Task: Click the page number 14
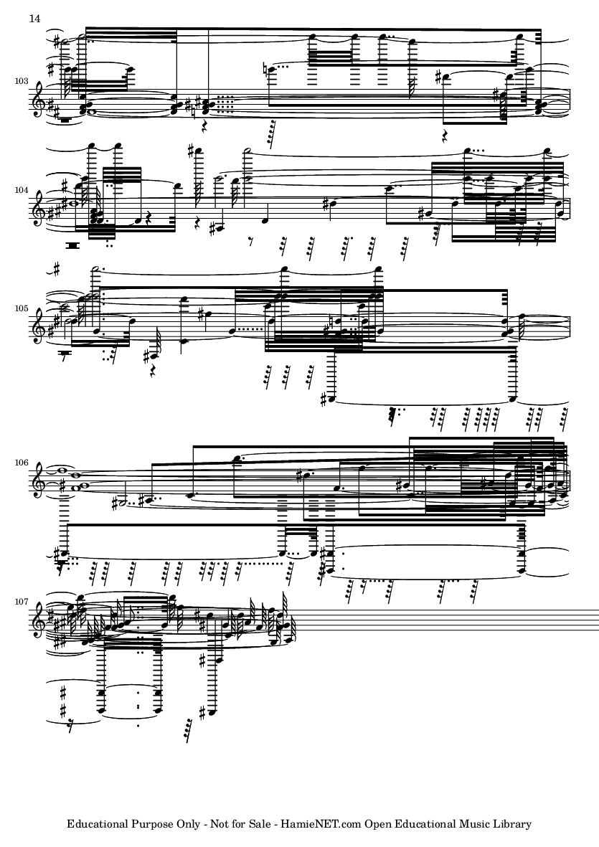pyautogui.click(x=34, y=19)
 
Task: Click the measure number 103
pyautogui.click(x=21, y=81)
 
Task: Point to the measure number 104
pyautogui.click(x=21, y=191)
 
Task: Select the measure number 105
pyautogui.click(x=21, y=308)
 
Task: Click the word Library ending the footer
pyautogui.click(x=512, y=825)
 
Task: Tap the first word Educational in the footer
pyautogui.click(x=98, y=824)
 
